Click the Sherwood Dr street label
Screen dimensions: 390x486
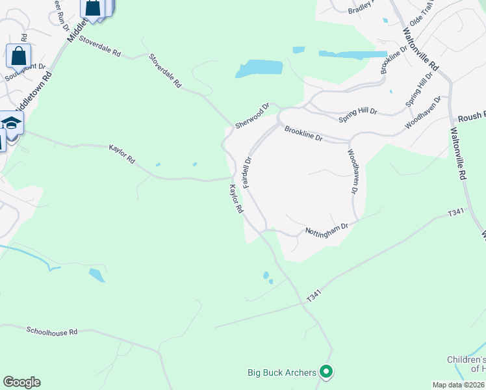[252, 115]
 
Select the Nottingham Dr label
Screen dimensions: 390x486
[327, 229]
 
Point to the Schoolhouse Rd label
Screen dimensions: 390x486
[52, 331]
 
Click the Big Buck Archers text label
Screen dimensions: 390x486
[282, 372]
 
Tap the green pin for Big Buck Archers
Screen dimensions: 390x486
[327, 372]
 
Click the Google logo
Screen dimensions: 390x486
[21, 382]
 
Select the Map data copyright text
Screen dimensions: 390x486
[459, 385]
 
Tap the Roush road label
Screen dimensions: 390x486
[472, 116]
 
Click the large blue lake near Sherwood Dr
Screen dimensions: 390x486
[259, 68]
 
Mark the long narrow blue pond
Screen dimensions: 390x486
[352, 55]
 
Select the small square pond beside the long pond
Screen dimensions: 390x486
[298, 49]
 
